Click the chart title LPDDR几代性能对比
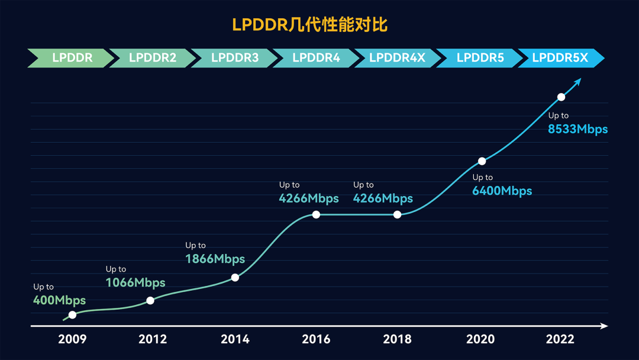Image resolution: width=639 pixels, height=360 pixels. pyautogui.click(x=309, y=25)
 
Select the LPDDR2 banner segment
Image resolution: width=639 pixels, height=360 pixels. pyautogui.click(x=153, y=58)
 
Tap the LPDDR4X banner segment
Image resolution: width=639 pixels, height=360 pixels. pyautogui.click(x=397, y=58)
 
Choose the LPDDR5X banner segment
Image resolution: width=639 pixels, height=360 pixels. pyautogui.click(x=560, y=58)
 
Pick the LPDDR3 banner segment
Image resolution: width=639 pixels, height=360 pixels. pyautogui.click(x=235, y=58)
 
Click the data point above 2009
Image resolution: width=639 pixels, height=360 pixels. pyautogui.click(x=72, y=314)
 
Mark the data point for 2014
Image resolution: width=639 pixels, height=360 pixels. pyautogui.click(x=235, y=277)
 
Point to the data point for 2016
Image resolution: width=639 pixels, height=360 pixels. pyautogui.click(x=316, y=214)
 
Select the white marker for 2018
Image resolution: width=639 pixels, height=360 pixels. pyautogui.click(x=398, y=214)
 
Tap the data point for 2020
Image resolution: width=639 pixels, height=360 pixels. pyautogui.click(x=482, y=161)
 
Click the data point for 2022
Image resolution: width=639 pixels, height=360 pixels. pyautogui.click(x=561, y=97)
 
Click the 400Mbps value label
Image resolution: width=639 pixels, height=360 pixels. pyautogui.click(x=59, y=300)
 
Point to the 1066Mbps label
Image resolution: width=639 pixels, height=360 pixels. pyautogui.click(x=135, y=282)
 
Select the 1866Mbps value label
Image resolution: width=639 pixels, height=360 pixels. pyautogui.click(x=215, y=259)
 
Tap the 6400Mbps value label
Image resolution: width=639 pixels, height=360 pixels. pyautogui.click(x=502, y=191)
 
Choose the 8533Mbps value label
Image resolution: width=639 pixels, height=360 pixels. pyautogui.click(x=577, y=129)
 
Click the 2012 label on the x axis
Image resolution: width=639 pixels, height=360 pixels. pyautogui.click(x=153, y=339)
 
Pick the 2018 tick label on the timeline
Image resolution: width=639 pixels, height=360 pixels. pyautogui.click(x=397, y=339)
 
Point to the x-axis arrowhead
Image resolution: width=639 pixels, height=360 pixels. pyautogui.click(x=603, y=326)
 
